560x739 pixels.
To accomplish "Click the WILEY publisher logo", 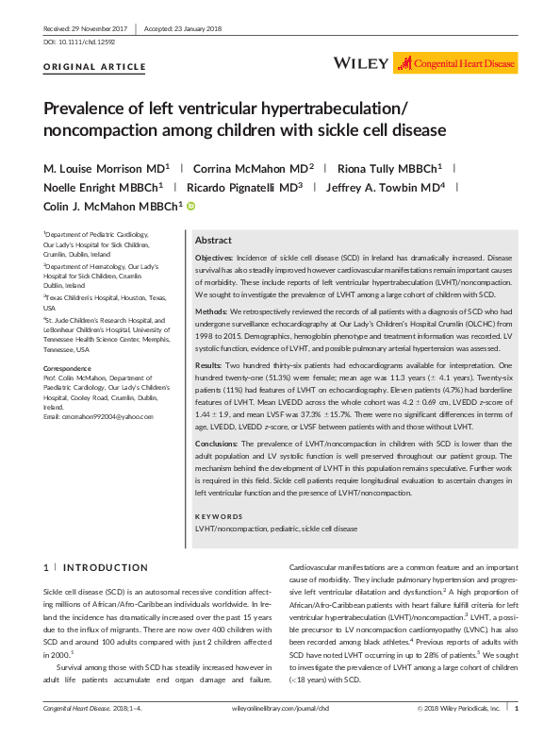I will (361, 64).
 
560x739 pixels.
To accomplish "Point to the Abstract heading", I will (213, 241).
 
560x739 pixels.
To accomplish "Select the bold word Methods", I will (211, 309).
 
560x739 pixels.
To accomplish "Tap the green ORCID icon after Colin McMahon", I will (190, 206).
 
